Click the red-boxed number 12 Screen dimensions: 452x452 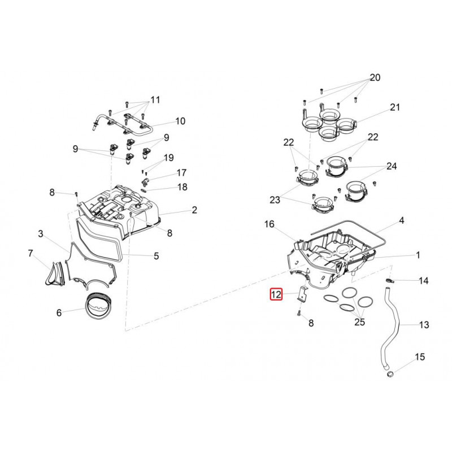click(276, 294)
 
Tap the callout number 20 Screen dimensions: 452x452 click(375, 77)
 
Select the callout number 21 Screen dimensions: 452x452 click(394, 107)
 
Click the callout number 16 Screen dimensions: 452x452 click(270, 225)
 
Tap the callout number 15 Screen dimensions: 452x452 click(419, 357)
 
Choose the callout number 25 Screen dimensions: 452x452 click(360, 322)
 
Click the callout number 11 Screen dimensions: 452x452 click(155, 100)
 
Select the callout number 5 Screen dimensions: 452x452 click(156, 256)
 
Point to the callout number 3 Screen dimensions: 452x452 click(41, 233)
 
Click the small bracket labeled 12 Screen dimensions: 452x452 click(302, 295)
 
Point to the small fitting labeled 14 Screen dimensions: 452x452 click(389, 280)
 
